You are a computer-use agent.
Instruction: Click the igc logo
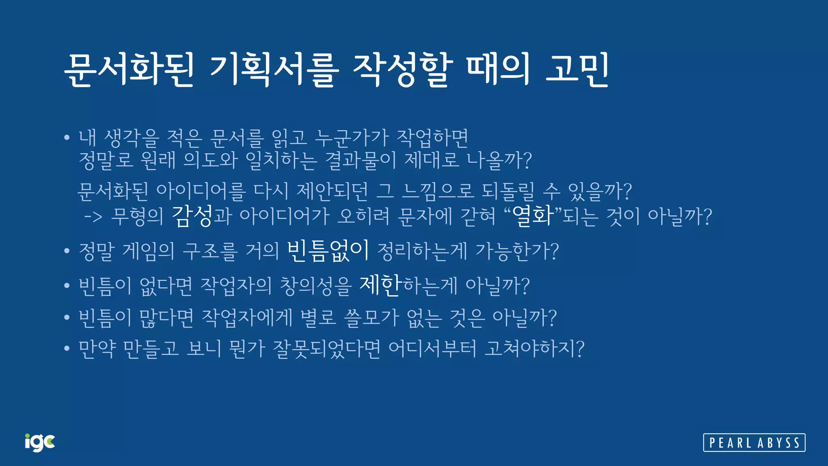click(40, 443)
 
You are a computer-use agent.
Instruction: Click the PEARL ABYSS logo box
click(754, 443)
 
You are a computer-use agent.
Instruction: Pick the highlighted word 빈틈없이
click(328, 251)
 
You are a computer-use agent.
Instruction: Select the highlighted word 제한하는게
click(408, 285)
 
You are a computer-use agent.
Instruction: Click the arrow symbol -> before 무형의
click(93, 217)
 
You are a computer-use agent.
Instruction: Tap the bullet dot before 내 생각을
click(67, 138)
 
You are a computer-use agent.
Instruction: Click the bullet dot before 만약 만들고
click(67, 348)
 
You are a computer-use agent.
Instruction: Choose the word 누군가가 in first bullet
click(351, 138)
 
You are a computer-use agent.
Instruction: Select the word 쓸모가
click(371, 318)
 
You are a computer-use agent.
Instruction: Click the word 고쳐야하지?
click(534, 348)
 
